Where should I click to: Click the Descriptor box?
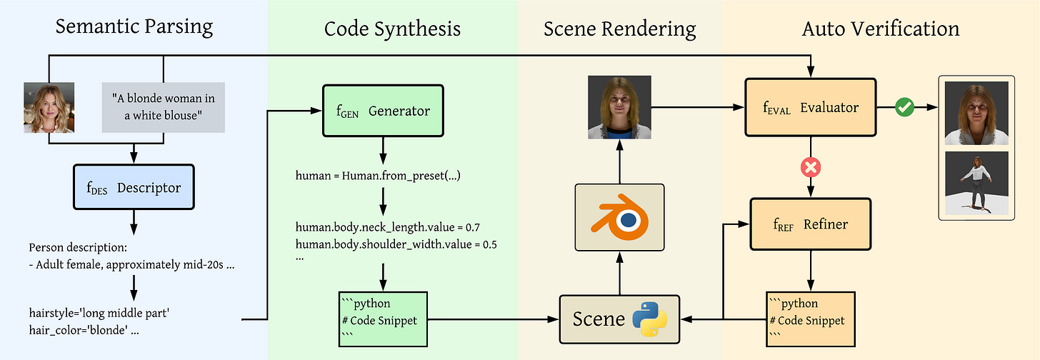[133, 187]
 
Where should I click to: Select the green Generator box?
[383, 111]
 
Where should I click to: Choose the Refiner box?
[811, 224]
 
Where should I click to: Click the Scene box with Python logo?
[620, 318]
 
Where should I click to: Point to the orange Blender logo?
[619, 217]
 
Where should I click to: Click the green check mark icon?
[905, 107]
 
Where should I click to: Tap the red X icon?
[811, 166]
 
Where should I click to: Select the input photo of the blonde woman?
[49, 107]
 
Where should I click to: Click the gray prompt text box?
[164, 107]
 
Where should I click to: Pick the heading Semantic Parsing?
[134, 27]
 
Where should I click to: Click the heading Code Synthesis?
[392, 29]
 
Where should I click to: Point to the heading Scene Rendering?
[619, 29]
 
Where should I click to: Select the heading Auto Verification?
[881, 29]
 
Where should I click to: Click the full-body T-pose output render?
[976, 183]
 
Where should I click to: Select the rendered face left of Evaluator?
[619, 107]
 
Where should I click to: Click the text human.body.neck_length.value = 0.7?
[388, 228]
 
